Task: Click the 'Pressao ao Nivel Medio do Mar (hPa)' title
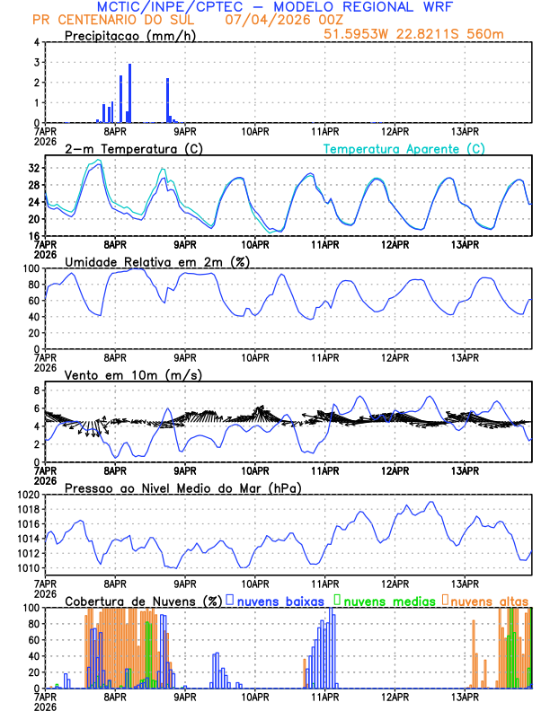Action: click(183, 487)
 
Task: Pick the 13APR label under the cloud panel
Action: click(464, 695)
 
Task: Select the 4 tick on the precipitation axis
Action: click(37, 42)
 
